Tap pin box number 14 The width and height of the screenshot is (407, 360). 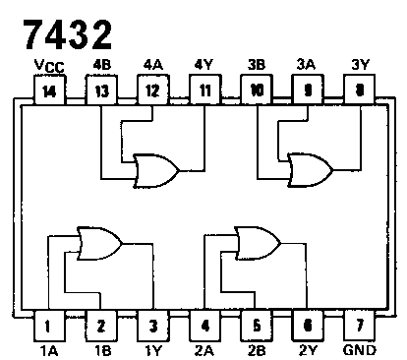point(47,90)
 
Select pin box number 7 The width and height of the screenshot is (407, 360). point(359,325)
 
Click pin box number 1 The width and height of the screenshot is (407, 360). point(47,325)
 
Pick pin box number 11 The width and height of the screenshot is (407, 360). point(203,90)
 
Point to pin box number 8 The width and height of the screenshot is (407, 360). point(359,90)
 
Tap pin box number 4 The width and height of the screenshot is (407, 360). point(203,325)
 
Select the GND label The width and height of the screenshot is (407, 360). point(360,348)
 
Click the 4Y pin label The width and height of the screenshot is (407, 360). point(203,66)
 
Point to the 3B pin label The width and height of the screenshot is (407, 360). point(256,66)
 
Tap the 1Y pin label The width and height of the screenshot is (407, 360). point(150,348)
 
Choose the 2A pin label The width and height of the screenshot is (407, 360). point(203,348)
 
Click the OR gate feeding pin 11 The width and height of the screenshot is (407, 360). point(156,170)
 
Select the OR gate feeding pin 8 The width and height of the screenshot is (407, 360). point(308,170)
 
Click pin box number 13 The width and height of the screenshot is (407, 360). point(99,90)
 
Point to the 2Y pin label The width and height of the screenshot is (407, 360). point(307,348)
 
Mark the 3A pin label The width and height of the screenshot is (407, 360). point(307,66)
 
